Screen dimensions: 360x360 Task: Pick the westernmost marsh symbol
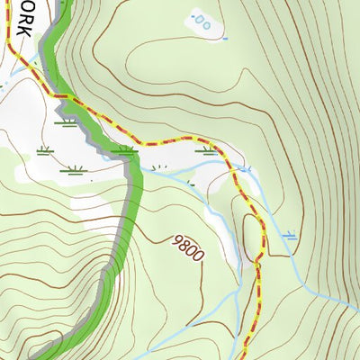pyautogui.click(x=42, y=149)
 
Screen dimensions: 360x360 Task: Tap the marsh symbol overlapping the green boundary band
pyautogui.click(x=127, y=149)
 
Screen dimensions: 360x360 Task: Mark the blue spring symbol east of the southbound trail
pyautogui.click(x=289, y=236)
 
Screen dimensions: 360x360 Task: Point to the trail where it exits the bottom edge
pyautogui.click(x=245, y=357)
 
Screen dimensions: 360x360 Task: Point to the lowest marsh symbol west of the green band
pyautogui.click(x=75, y=168)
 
